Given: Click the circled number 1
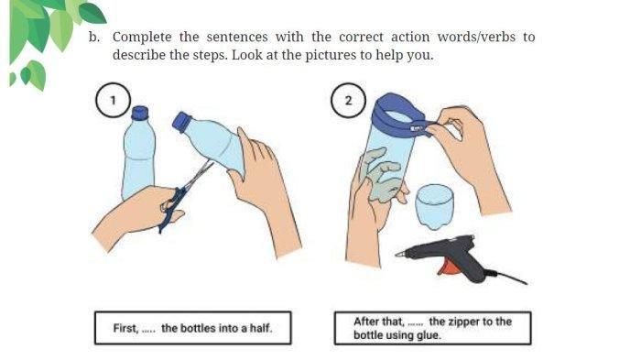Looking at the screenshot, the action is coord(114,100).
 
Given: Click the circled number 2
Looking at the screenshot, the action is coord(348,100).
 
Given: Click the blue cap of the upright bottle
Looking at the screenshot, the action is coord(139,113).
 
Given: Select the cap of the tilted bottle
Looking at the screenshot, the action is coord(182,122).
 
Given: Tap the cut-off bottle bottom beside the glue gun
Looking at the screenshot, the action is coord(434,206).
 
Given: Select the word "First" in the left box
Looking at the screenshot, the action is coord(126,328).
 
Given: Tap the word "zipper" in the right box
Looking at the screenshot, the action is coord(464,322).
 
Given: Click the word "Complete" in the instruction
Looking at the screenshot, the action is coord(142,38).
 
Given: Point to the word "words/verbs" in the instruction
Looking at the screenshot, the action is coord(476,37).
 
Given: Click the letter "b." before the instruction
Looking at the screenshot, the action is coord(94,37).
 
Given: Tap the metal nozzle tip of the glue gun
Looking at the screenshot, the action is coord(400,254).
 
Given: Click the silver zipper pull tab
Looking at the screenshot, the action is coord(417,128).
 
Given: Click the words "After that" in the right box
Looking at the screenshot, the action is coord(379,322).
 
